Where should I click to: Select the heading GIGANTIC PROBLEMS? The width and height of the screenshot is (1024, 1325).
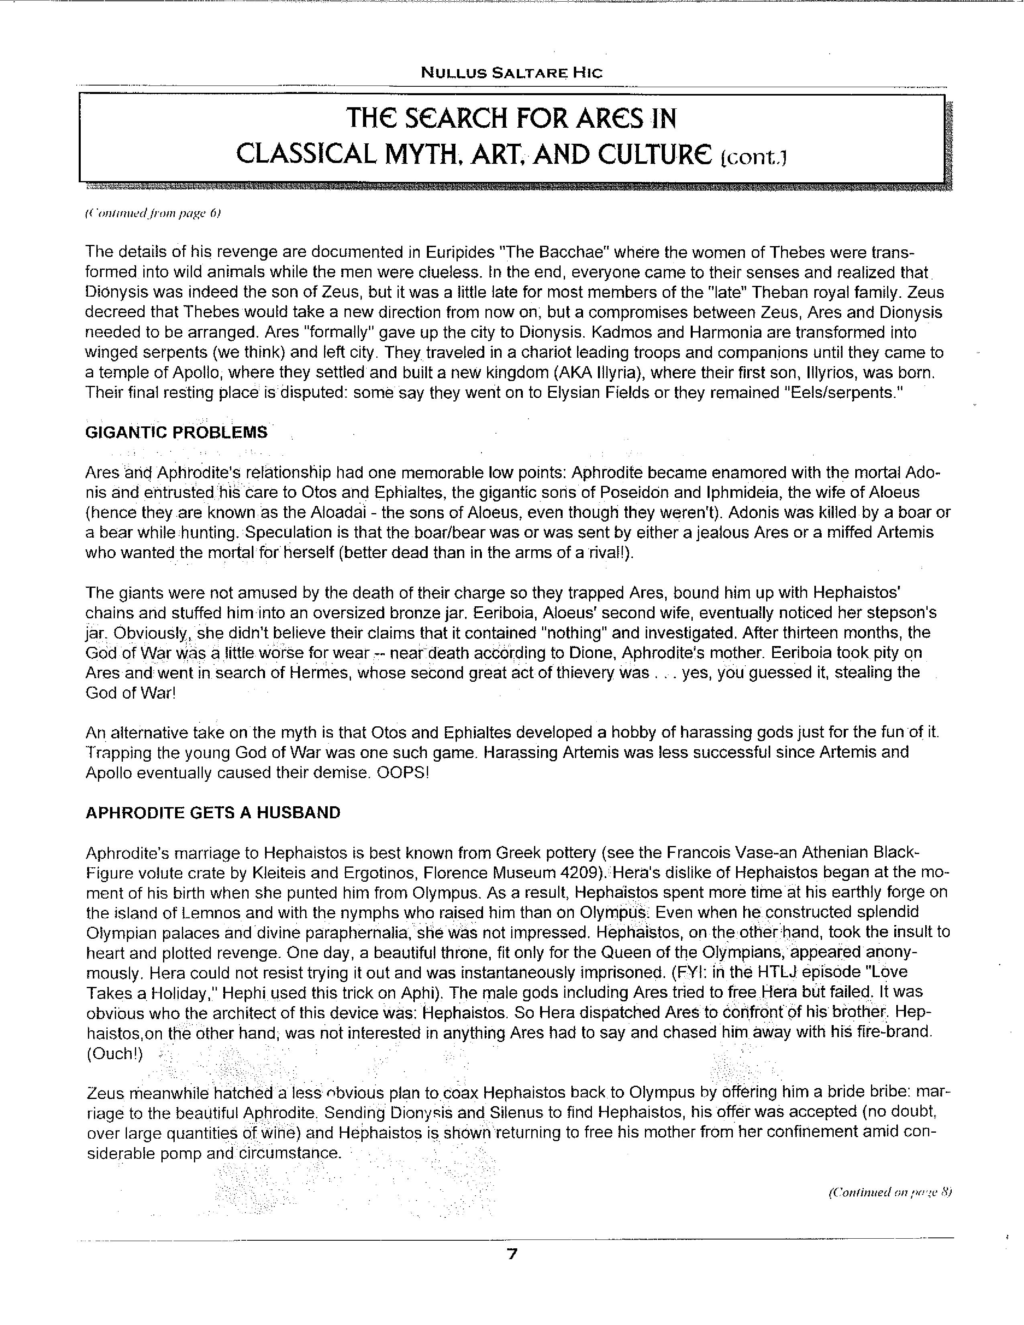(x=176, y=432)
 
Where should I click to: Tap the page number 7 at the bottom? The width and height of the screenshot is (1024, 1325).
(x=511, y=1254)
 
